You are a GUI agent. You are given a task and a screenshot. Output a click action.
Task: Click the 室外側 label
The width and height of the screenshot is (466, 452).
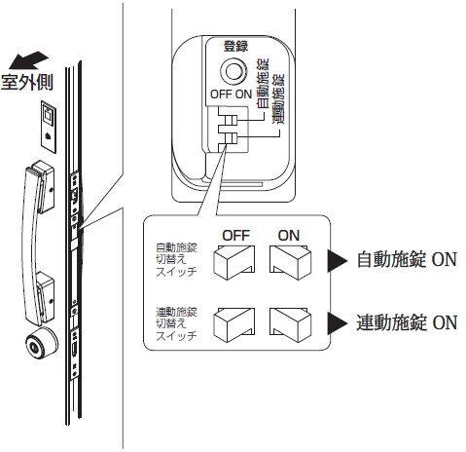tap(27, 82)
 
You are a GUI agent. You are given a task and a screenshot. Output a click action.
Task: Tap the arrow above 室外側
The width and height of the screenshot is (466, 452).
tap(28, 60)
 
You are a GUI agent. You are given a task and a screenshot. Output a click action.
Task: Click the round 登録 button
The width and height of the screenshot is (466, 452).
tap(233, 71)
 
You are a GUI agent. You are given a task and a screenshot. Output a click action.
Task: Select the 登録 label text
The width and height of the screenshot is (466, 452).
tap(235, 46)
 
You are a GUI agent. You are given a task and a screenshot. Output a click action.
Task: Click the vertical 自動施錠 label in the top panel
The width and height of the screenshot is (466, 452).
tap(262, 84)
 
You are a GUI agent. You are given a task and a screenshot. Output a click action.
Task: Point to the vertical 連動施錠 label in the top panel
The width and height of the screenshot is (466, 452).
tap(277, 98)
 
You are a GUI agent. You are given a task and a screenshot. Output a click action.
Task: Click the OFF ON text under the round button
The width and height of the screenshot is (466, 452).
tap(231, 94)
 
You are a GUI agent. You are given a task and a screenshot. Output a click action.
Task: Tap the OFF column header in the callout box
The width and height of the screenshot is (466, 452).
tap(235, 235)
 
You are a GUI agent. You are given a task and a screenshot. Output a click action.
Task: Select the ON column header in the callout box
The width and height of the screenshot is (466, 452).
tap(289, 235)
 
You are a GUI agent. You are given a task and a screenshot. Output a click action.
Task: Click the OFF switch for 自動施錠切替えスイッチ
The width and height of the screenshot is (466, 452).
tap(234, 262)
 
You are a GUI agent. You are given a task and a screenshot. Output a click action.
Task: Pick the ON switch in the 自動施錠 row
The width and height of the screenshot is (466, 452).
tap(290, 262)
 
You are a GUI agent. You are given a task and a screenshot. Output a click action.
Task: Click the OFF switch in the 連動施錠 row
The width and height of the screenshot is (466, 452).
tap(234, 325)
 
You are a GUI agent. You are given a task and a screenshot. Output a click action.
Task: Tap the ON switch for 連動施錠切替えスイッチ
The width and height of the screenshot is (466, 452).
tap(290, 325)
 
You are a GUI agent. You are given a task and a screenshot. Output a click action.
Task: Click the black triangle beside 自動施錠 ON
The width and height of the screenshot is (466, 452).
tap(337, 261)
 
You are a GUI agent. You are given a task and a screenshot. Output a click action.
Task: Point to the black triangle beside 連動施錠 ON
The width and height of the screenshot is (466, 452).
tap(337, 323)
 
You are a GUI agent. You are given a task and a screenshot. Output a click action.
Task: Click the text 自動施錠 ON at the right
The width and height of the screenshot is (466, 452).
tap(407, 259)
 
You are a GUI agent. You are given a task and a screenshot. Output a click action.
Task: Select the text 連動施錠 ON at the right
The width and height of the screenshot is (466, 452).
tap(407, 322)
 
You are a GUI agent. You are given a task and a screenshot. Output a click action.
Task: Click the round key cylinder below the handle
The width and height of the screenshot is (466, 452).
tap(42, 344)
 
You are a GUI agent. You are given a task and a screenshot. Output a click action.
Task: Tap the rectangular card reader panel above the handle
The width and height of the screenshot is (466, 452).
tap(49, 127)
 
